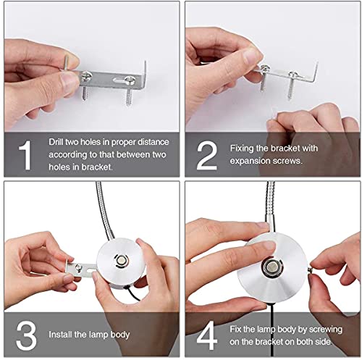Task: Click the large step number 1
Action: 25,155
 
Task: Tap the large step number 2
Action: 207,155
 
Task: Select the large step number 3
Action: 26,335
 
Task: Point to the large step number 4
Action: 207,335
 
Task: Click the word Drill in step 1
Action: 56,142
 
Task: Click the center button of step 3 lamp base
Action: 120,261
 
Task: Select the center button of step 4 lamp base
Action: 271,267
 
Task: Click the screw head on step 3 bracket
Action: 78,267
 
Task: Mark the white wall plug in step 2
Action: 274,114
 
